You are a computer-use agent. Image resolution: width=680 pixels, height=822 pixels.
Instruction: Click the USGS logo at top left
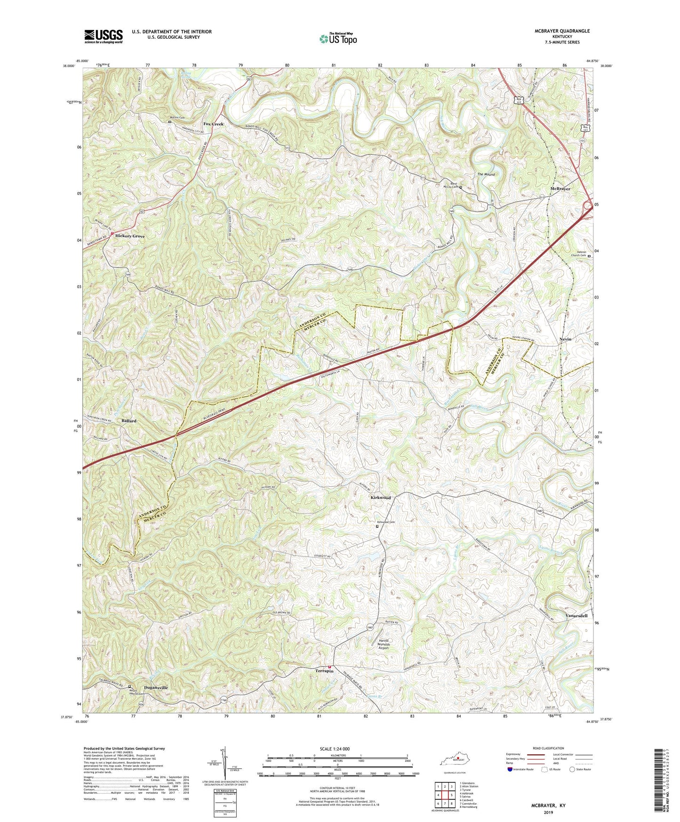coord(104,36)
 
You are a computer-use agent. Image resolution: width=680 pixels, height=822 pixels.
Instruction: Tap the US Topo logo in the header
coord(338,39)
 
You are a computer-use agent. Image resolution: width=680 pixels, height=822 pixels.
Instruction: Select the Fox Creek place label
coord(213,124)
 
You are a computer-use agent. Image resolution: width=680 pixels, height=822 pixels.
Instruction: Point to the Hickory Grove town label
coord(130,236)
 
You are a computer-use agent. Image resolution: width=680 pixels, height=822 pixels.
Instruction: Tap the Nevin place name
coord(565,339)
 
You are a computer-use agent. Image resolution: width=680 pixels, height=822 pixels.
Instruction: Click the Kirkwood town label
coord(381,498)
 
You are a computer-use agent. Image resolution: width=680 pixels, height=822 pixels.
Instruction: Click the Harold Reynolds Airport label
coord(384,644)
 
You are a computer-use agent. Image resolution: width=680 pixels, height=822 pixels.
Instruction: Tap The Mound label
coord(486,175)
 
